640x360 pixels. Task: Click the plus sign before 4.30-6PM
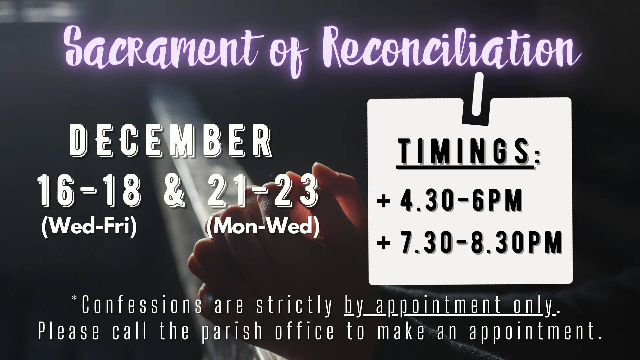coord(383,201)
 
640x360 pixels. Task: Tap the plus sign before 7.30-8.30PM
coord(383,243)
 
